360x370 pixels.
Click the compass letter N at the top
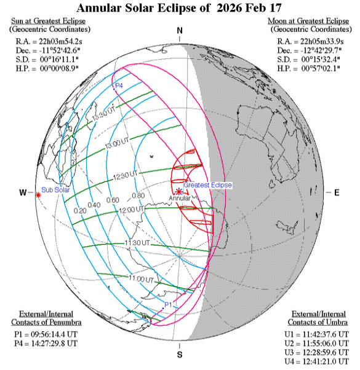pyautogui.click(x=180, y=31)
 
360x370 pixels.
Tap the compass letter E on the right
pyautogui.click(x=337, y=193)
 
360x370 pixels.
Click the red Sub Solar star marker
pyautogui.click(x=38, y=195)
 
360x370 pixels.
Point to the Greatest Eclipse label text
pyautogui.click(x=206, y=185)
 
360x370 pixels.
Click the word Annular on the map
pyautogui.click(x=180, y=199)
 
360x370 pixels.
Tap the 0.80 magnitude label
pyautogui.click(x=137, y=195)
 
